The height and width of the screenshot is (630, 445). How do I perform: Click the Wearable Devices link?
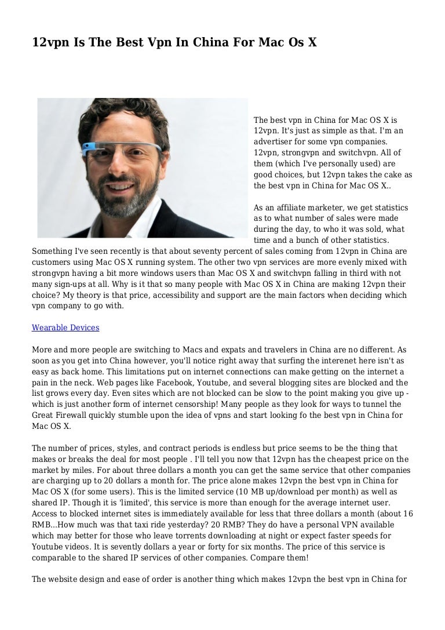click(65, 327)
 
